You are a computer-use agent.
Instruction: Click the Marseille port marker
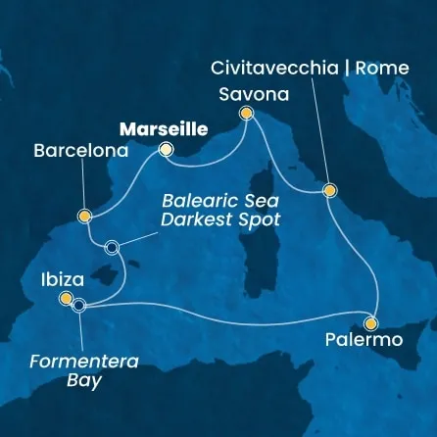tap(166, 150)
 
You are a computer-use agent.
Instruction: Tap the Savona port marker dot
tap(246, 115)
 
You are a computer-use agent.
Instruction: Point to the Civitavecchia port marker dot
tap(329, 191)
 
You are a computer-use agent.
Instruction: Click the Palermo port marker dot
tap(370, 322)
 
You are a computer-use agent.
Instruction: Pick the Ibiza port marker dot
tap(66, 298)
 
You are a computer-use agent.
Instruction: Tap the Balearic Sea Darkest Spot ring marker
tap(112, 248)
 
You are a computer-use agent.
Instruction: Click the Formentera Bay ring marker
tap(79, 306)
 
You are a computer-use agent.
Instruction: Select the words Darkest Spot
tap(223, 219)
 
